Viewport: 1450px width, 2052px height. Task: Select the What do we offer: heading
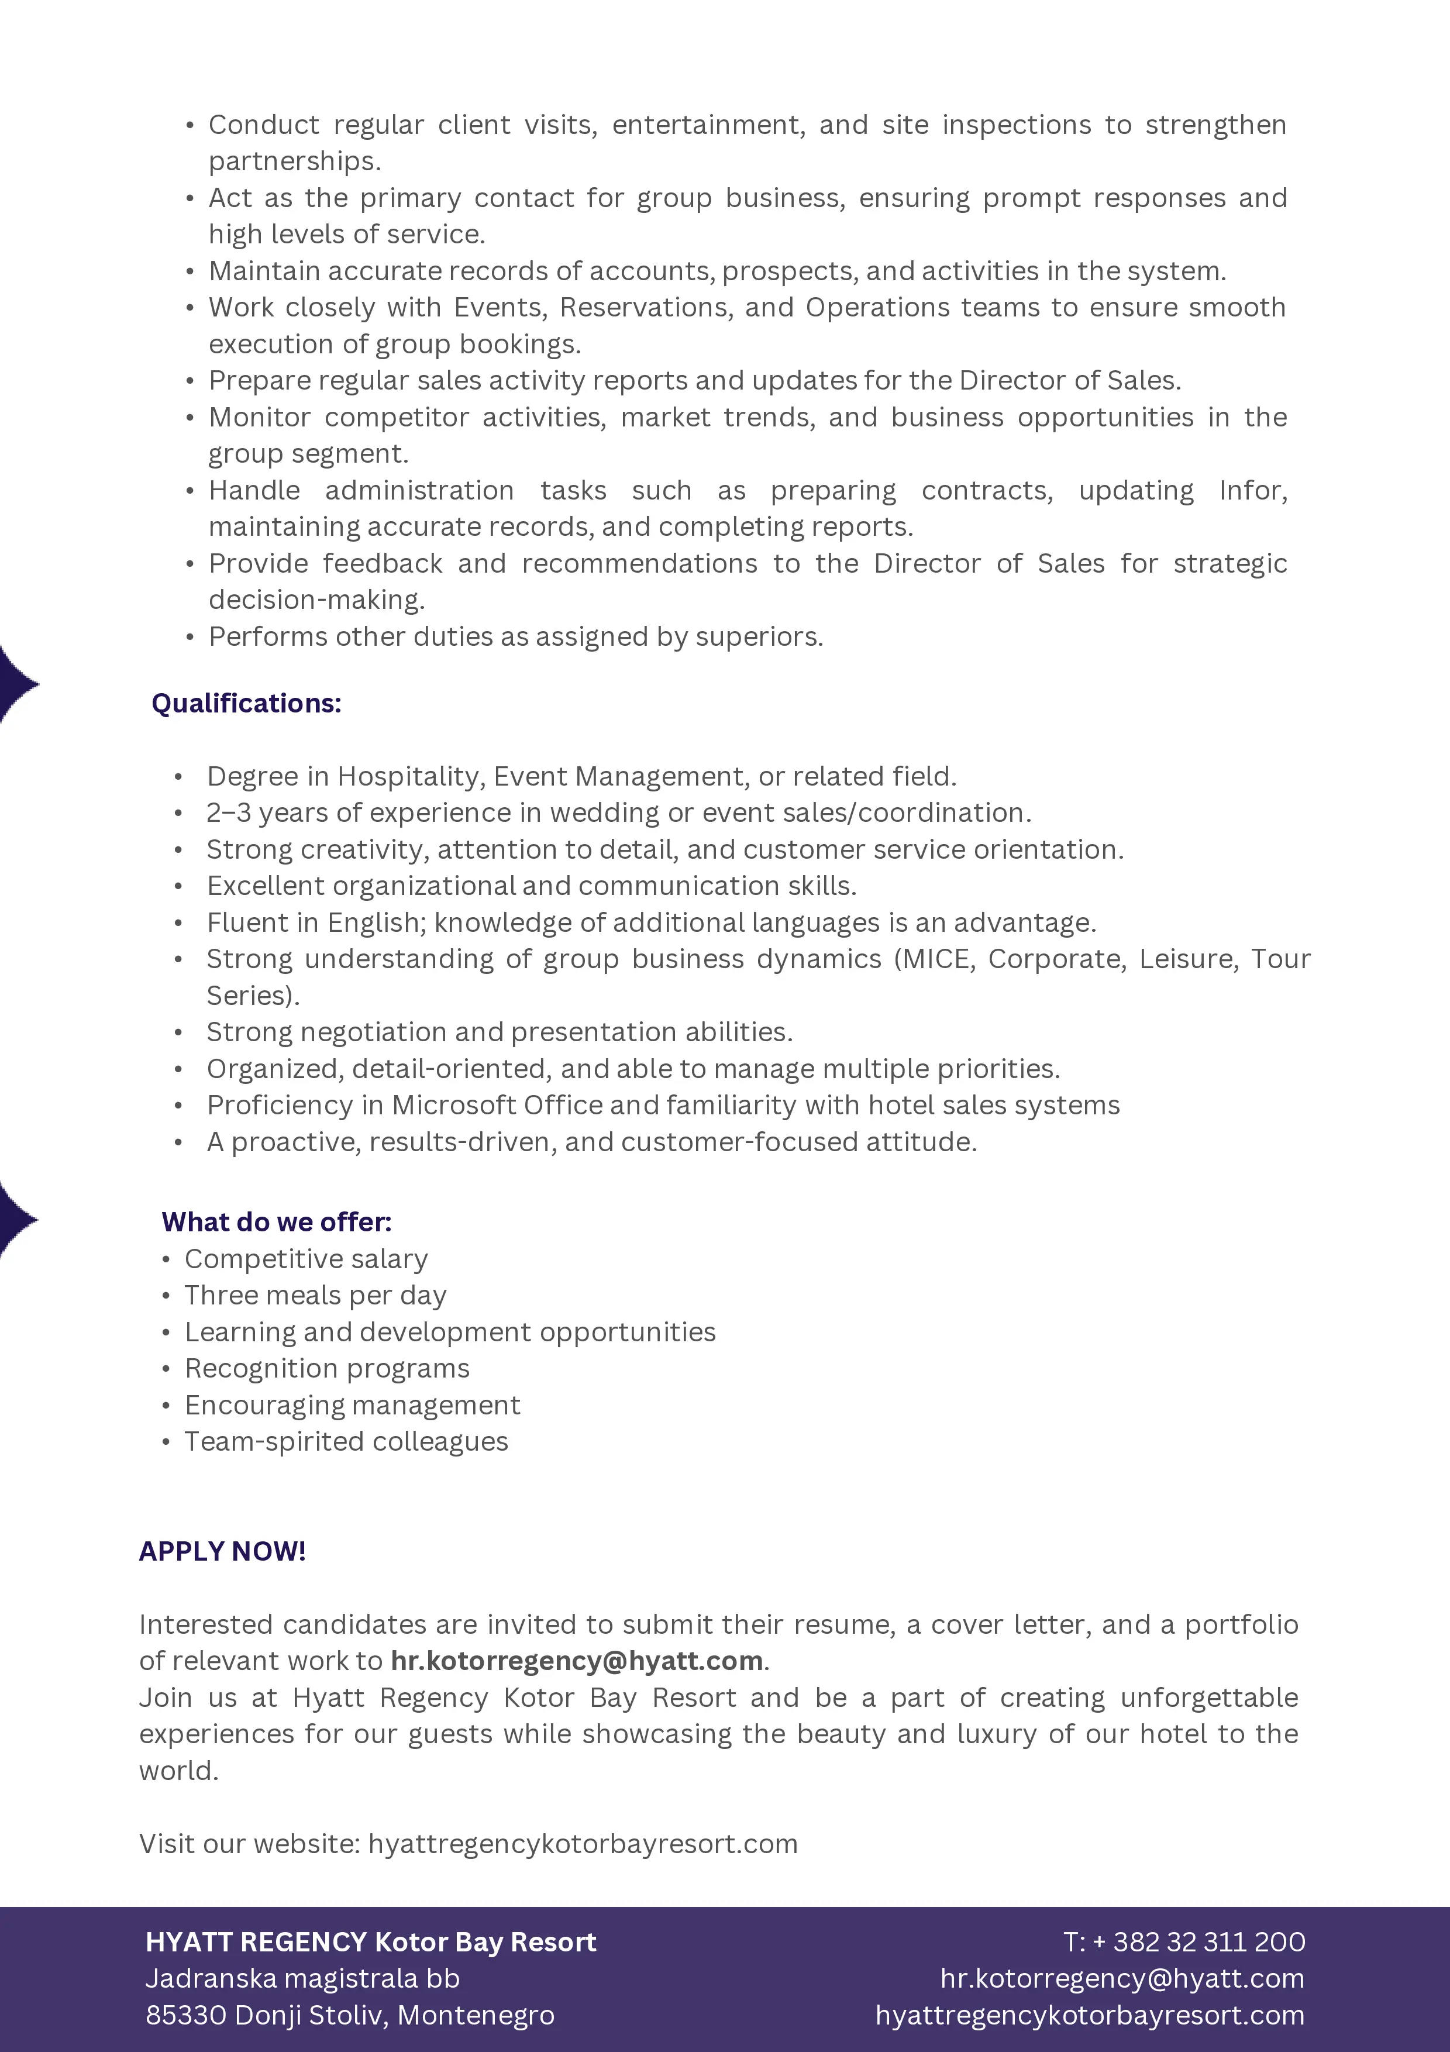coord(276,1222)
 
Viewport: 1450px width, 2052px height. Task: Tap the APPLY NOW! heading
coord(222,1551)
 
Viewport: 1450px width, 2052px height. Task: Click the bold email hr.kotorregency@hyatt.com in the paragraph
coord(576,1661)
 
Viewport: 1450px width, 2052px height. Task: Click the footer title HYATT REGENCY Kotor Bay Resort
coord(371,1941)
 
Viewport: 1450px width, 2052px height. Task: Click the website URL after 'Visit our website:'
coord(583,1844)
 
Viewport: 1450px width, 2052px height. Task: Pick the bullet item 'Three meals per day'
coord(315,1295)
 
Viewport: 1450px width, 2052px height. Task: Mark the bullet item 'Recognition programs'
coord(327,1368)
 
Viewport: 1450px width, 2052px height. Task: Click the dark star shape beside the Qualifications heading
coord(16,684)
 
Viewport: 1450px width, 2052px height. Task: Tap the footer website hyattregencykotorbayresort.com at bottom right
coord(1089,2015)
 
